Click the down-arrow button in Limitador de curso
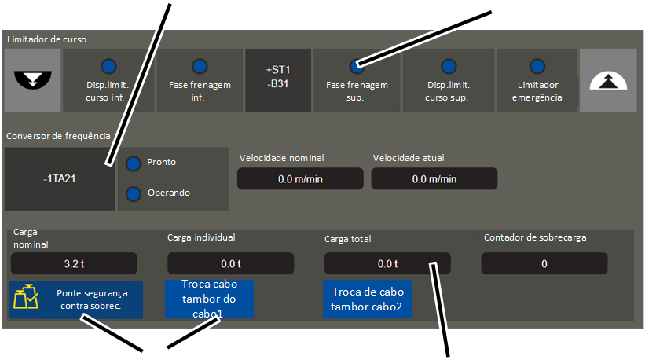coord(32,80)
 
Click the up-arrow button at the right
coord(608,80)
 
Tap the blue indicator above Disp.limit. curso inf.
coord(108,66)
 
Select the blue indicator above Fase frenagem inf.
coord(200,66)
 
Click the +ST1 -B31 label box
coord(278,80)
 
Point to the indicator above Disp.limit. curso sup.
coord(449,66)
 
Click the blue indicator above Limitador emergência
coord(537,66)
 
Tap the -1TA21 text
coord(60,178)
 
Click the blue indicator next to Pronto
coord(134,163)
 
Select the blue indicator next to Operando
coord(134,194)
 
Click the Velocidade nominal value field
coord(300,178)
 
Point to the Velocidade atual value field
coord(434,178)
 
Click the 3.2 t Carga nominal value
coord(74,263)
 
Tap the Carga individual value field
coord(231,263)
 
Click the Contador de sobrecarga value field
coord(544,263)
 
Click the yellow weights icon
coord(25,296)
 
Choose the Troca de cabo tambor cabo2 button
coord(368,299)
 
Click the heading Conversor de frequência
coord(58,136)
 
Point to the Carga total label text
coord(347,239)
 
